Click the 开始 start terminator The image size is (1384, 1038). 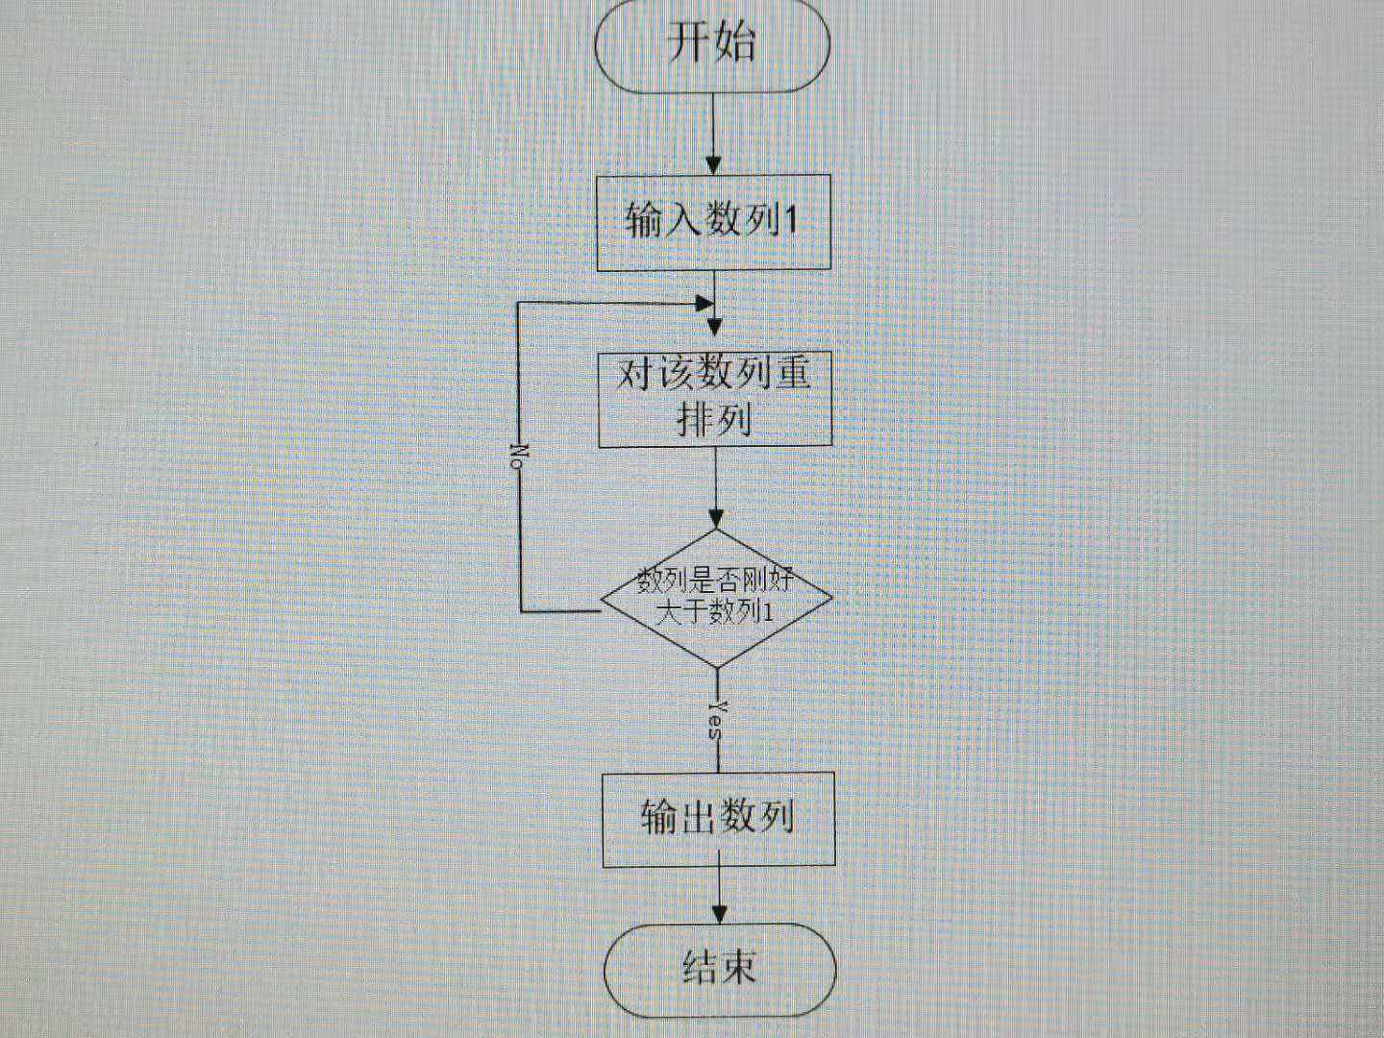pyautogui.click(x=712, y=45)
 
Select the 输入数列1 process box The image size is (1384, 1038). pyautogui.click(x=713, y=222)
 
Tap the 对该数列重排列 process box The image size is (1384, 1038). pyautogui.click(x=715, y=399)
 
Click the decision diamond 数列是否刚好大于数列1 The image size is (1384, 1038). pyautogui.click(x=716, y=598)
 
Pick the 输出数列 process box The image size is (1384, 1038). pyautogui.click(x=718, y=819)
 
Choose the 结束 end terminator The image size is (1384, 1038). pyautogui.click(x=720, y=969)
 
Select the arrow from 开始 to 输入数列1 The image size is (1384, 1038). pyautogui.click(x=712, y=135)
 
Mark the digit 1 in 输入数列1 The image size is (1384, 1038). pyautogui.click(x=791, y=222)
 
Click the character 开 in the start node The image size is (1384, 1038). pyautogui.click(x=688, y=44)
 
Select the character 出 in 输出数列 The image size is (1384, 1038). pyautogui.click(x=698, y=818)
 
